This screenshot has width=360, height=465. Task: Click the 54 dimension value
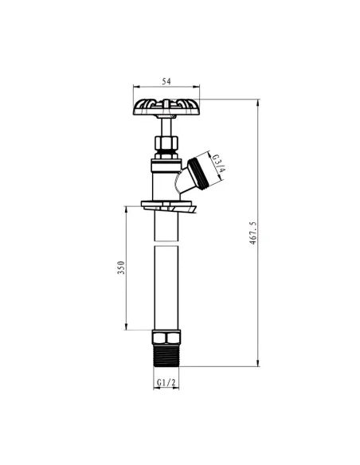coord(166,81)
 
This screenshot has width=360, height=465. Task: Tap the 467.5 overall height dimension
coord(252,232)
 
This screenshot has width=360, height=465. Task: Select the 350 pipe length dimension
coord(121,268)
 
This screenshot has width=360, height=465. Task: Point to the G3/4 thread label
coord(219,163)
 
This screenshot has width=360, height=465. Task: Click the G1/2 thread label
coord(166,382)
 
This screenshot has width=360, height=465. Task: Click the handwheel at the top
coord(166,107)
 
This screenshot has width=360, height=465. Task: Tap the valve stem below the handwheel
coord(166,126)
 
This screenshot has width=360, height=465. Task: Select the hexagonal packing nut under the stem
coord(166,144)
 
